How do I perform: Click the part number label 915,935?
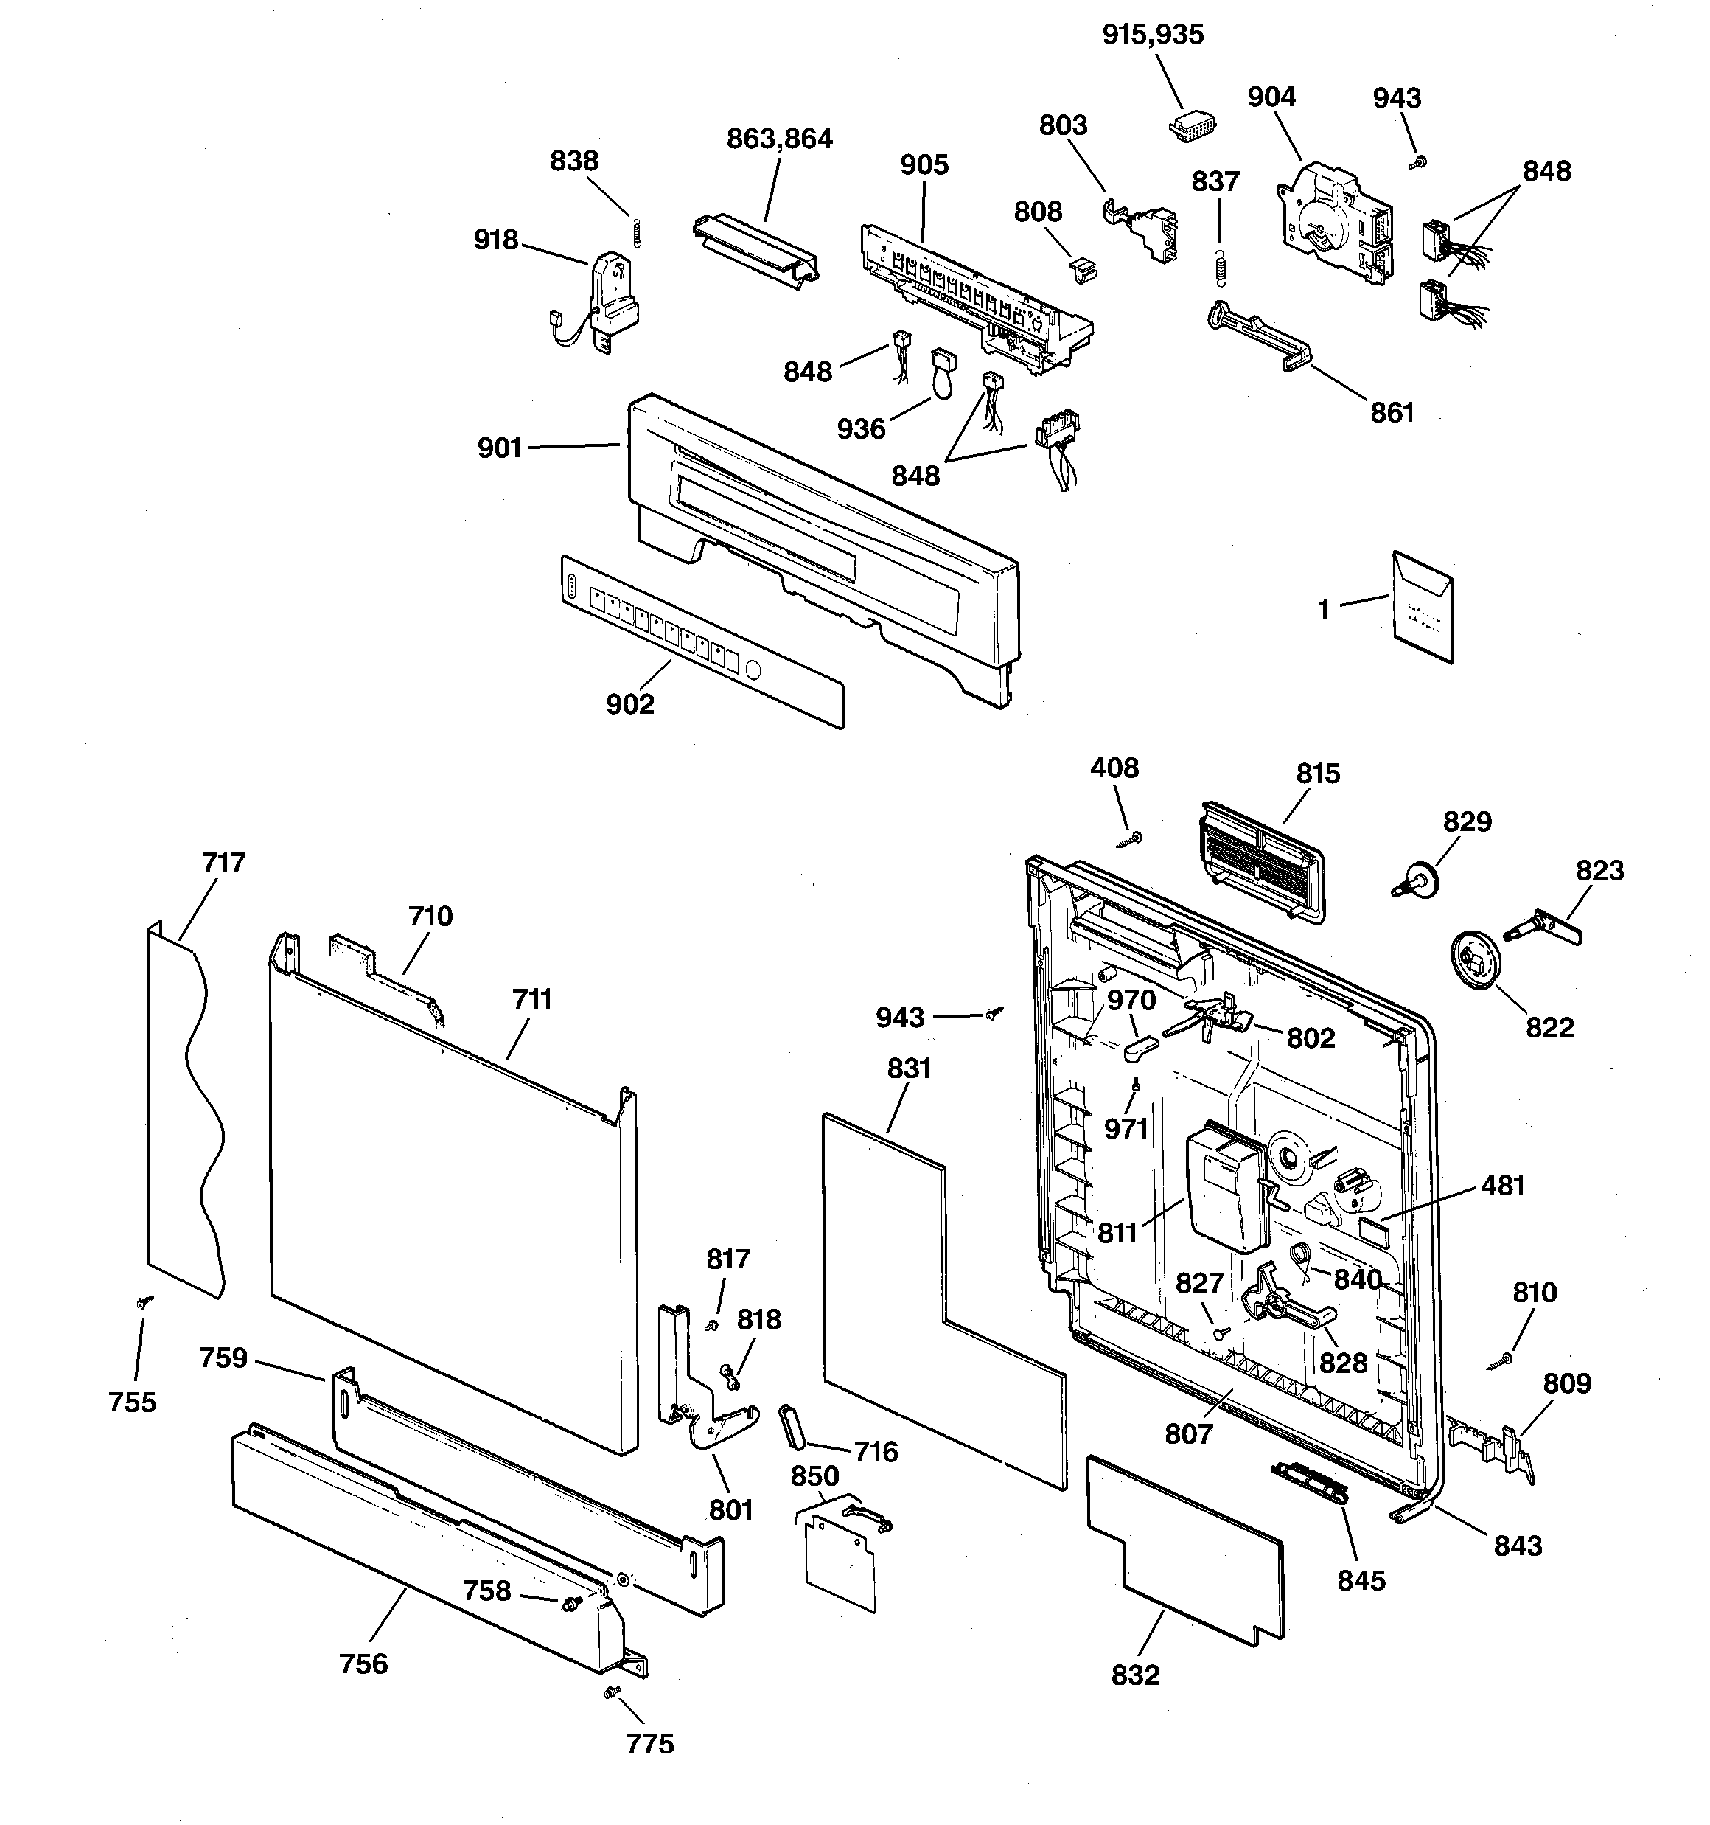point(1153,35)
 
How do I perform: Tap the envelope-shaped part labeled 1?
point(1422,608)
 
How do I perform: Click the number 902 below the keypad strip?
point(629,705)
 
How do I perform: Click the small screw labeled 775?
point(610,1691)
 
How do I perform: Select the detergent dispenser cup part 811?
point(1225,1189)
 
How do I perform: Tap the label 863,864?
point(779,139)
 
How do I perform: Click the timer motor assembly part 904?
point(1332,220)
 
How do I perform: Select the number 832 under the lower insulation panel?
point(1135,1675)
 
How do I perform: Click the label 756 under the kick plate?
point(363,1664)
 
